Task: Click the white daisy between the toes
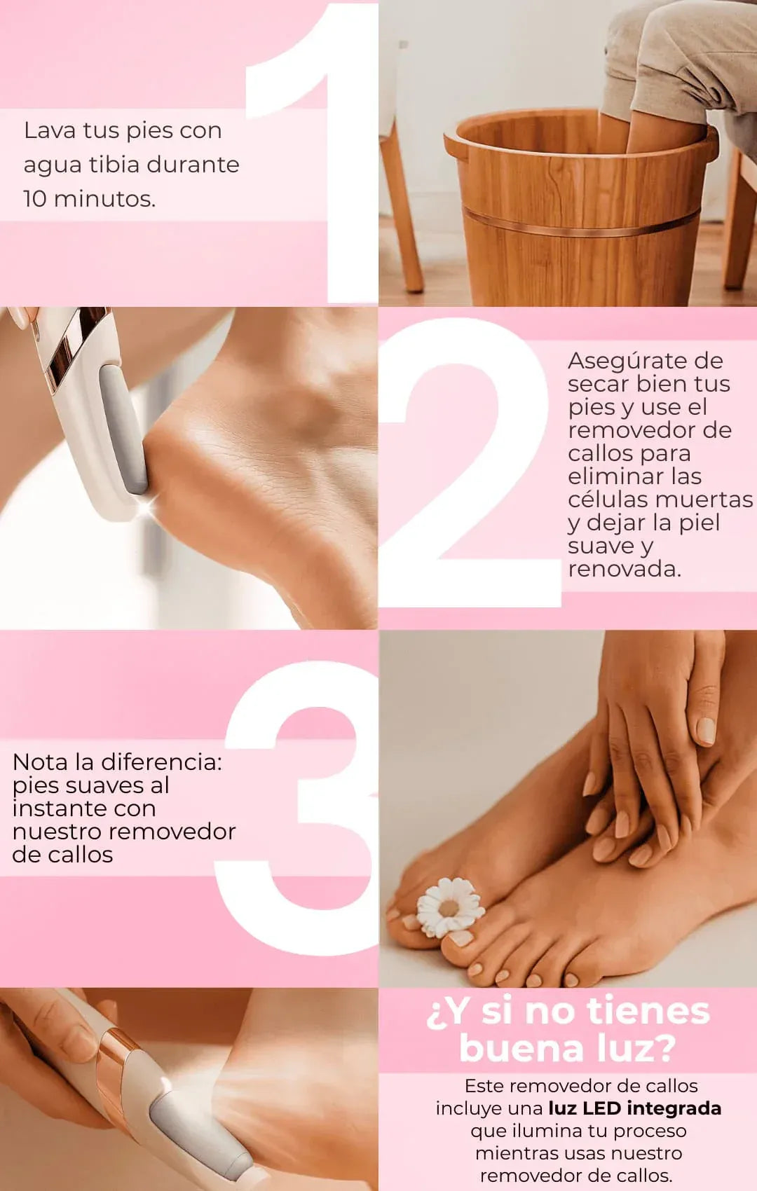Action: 449,907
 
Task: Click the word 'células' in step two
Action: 608,500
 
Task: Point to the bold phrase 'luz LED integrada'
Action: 634,1108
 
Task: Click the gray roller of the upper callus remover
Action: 123,429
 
